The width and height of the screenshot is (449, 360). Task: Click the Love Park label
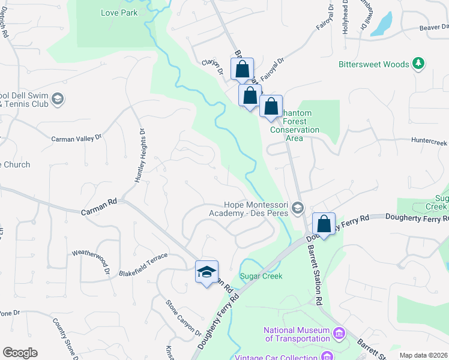click(119, 13)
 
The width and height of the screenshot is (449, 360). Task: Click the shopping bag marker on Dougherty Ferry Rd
click(324, 224)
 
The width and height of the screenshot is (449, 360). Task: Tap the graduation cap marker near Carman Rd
click(206, 272)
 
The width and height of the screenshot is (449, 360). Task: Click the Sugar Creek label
click(261, 276)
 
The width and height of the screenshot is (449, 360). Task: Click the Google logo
click(20, 353)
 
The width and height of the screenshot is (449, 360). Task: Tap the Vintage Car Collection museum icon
click(328, 357)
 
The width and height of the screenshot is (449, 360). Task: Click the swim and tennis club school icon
click(58, 98)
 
